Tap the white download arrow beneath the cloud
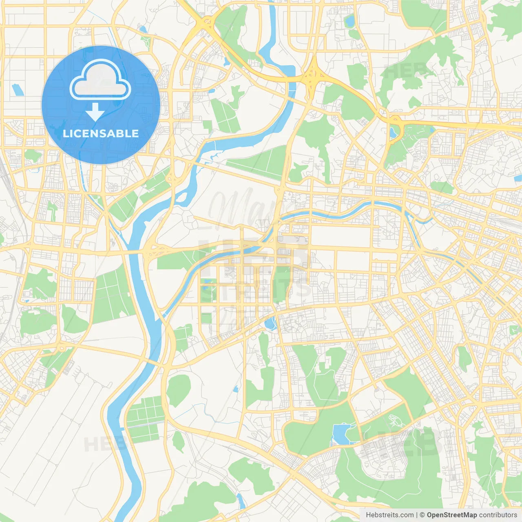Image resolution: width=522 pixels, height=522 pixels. point(95,112)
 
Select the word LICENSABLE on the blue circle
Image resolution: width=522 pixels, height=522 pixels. point(101,133)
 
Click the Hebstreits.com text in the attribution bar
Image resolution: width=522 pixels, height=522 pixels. point(389,515)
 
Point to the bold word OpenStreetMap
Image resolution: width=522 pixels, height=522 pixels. point(451,515)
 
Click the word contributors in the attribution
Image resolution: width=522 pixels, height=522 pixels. point(498,515)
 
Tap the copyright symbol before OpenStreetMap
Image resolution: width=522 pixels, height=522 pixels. point(422,515)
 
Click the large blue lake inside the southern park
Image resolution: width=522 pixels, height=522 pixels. point(340,434)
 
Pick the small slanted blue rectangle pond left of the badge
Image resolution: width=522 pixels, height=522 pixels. point(18,90)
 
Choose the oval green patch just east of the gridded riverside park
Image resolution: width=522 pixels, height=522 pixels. point(179,389)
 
